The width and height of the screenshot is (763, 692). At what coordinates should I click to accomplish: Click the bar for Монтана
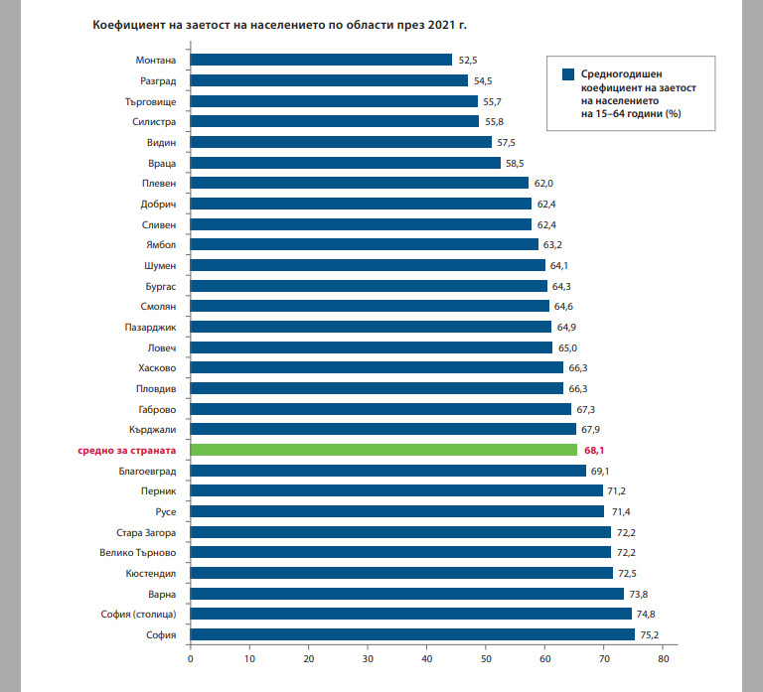[320, 60]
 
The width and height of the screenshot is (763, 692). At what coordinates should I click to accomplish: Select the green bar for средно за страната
[383, 450]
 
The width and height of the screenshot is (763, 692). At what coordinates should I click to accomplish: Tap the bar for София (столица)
[410, 614]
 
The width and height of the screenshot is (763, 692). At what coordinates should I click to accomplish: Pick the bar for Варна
[406, 594]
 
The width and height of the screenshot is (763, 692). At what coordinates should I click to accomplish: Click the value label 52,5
[468, 61]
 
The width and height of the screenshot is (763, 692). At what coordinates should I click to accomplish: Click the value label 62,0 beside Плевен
[544, 184]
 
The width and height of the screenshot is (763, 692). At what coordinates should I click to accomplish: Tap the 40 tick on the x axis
[427, 657]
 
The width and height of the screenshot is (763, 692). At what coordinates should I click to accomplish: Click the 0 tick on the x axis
[190, 657]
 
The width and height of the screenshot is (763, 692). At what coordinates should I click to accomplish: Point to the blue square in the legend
[568, 74]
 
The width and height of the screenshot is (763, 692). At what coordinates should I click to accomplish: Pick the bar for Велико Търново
[400, 552]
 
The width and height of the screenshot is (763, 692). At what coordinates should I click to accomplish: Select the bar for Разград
[329, 80]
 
